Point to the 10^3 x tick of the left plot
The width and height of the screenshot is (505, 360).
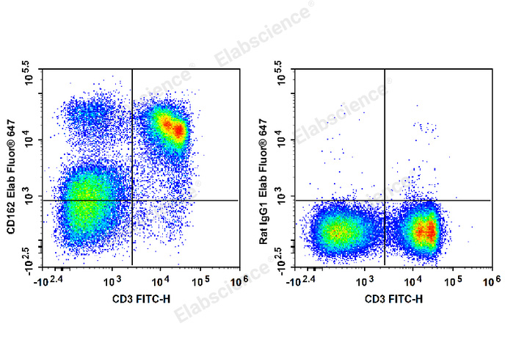point(112,281)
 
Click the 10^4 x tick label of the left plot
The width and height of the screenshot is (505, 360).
point(160,281)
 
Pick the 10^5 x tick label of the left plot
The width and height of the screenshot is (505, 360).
point(202,281)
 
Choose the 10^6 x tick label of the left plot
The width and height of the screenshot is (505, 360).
point(238,281)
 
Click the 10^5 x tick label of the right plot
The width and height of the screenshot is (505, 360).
point(454,281)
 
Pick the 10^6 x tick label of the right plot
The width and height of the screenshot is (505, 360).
point(490,281)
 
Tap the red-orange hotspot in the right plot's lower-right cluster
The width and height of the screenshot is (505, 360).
point(425,232)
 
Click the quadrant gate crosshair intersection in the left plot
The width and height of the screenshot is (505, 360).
point(132,200)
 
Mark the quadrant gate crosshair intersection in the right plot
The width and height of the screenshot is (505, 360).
point(385,200)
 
